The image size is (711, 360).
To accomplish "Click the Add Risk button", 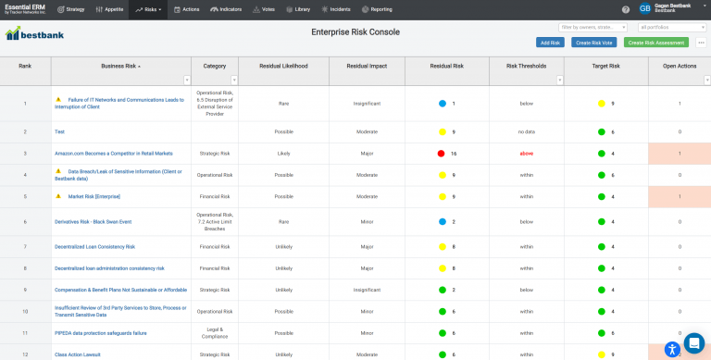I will (x=550, y=43).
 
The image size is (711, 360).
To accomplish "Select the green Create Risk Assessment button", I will (x=656, y=43).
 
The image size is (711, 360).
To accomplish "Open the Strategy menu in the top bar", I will (x=72, y=9).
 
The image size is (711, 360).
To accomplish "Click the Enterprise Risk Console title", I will (x=355, y=31).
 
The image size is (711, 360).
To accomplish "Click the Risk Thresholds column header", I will (x=526, y=66).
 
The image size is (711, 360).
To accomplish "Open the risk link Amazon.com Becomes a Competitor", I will (x=113, y=153).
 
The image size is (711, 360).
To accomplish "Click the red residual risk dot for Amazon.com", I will (x=442, y=153).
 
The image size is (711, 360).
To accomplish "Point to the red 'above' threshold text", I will (x=526, y=153).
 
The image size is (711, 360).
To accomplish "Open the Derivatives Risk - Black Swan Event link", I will (x=93, y=222).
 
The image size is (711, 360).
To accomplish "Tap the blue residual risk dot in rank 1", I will (x=443, y=104).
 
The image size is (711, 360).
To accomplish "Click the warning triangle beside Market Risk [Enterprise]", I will (x=58, y=195).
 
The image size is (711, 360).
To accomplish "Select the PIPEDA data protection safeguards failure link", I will (x=103, y=332).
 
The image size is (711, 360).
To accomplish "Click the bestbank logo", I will (x=34, y=35).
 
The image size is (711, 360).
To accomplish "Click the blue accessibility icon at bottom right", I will (x=671, y=350).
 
